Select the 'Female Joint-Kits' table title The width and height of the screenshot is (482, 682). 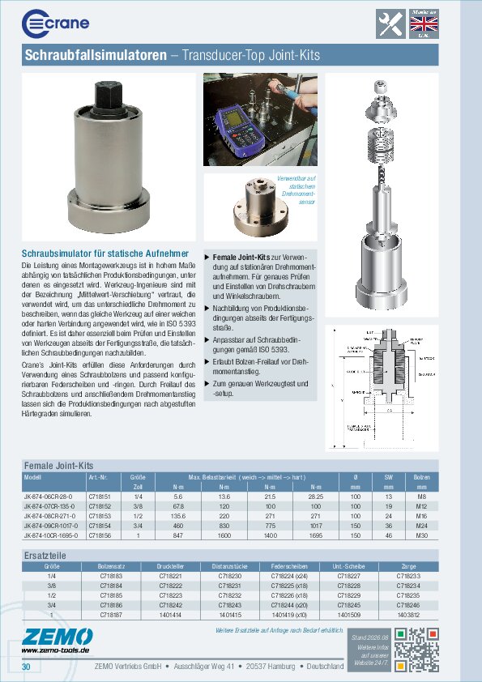point(59,467)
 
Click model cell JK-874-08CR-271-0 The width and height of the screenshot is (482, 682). point(49,514)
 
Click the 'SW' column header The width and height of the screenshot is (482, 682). point(388,477)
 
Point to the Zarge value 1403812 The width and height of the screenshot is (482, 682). point(408,615)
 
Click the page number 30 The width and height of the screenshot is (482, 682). point(26,667)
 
